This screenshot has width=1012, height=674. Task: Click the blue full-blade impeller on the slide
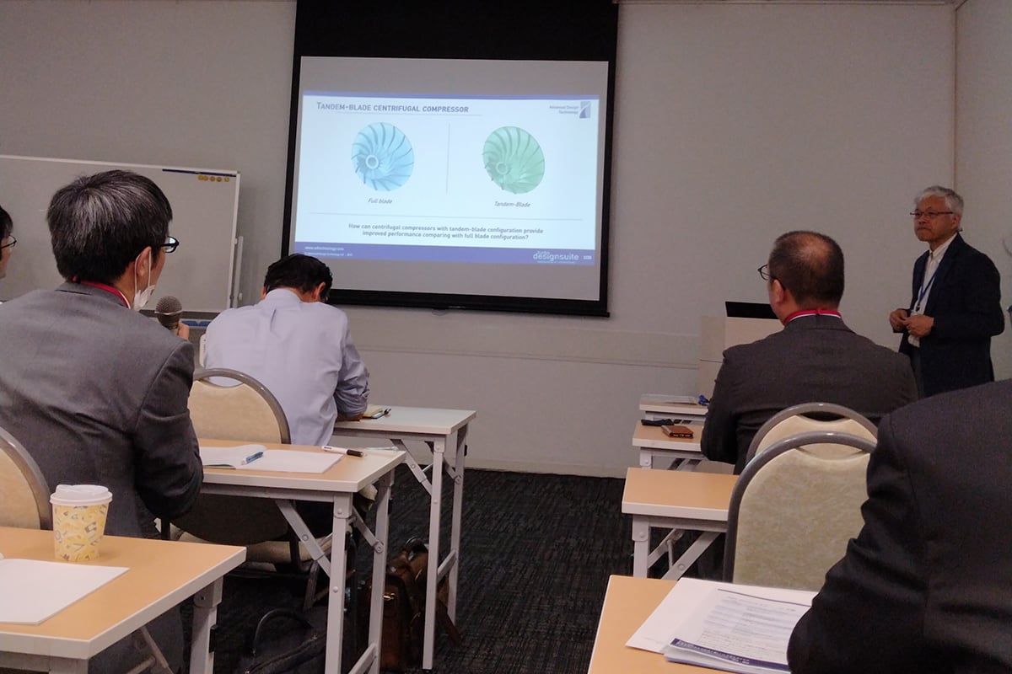382,157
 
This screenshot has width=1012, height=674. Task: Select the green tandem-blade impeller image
513,160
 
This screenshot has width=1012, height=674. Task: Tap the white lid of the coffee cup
81,495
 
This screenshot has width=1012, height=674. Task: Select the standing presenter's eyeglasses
930,214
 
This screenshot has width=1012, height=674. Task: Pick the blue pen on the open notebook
251,457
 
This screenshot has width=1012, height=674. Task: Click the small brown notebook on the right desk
677,431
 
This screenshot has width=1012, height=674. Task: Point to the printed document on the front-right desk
734,623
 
